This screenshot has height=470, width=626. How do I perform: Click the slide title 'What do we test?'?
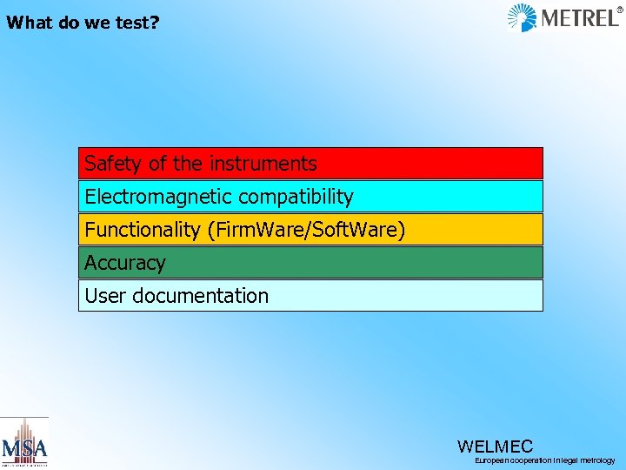[83, 23]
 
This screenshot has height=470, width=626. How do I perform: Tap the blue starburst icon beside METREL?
[523, 17]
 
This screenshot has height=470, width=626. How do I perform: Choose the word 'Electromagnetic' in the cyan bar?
[158, 197]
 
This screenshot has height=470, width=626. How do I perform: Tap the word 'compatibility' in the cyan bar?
[296, 197]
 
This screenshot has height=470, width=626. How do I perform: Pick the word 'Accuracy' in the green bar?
[124, 263]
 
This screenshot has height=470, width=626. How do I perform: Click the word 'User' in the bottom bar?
[104, 296]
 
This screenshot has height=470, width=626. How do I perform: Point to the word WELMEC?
[495, 446]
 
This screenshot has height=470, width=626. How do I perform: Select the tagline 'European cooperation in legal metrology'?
[544, 460]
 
